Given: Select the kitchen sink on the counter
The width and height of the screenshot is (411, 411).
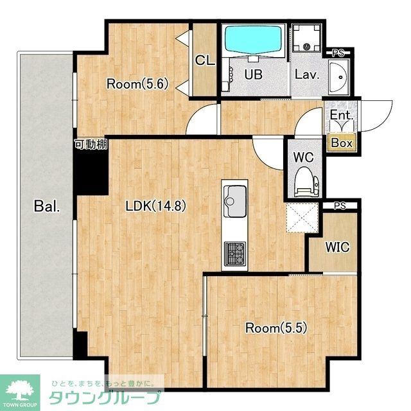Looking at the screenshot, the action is pyautogui.click(x=234, y=201).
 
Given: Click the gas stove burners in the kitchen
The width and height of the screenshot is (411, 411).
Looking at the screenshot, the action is pyautogui.click(x=235, y=254).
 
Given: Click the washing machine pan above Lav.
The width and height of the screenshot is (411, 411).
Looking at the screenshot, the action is pyautogui.click(x=306, y=38).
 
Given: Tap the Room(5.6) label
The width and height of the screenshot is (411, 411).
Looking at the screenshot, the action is pyautogui.click(x=137, y=84).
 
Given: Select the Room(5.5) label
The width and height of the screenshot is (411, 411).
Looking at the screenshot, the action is pyautogui.click(x=276, y=328).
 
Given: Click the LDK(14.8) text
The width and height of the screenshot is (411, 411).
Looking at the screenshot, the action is pyautogui.click(x=156, y=205).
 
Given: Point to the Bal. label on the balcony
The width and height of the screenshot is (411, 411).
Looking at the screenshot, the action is pyautogui.click(x=47, y=206).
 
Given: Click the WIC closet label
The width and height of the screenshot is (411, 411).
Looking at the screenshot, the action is pyautogui.click(x=337, y=247).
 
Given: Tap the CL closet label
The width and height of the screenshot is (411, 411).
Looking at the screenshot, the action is pyautogui.click(x=205, y=60).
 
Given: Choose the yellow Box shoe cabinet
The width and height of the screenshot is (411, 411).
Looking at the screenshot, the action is pyautogui.click(x=342, y=143).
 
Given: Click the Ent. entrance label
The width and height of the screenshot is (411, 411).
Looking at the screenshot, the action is pyautogui.click(x=341, y=115).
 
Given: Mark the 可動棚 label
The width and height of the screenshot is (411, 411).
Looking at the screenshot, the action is pyautogui.click(x=91, y=144).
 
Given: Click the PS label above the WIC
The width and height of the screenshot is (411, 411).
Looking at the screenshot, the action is pyautogui.click(x=340, y=206).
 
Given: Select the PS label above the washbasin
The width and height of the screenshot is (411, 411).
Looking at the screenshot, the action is pyautogui.click(x=338, y=53).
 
